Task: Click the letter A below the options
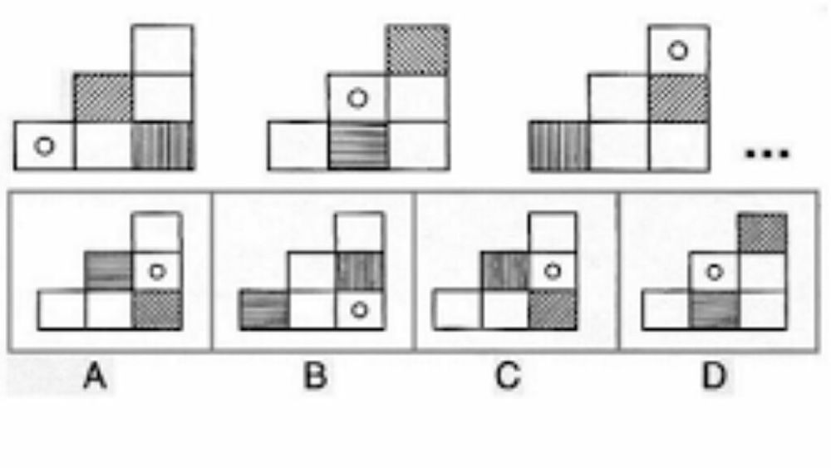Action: click(96, 377)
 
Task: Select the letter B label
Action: click(314, 377)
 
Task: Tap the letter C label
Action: click(508, 377)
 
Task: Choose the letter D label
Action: click(713, 377)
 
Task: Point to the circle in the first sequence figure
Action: click(44, 146)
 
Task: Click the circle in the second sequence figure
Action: click(356, 98)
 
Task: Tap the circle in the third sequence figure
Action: click(678, 51)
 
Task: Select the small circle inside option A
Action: click(156, 270)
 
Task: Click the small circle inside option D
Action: click(712, 270)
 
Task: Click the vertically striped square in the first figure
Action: click(163, 146)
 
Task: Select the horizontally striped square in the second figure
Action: click(358, 146)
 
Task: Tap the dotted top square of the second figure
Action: click(417, 50)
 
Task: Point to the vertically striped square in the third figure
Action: click(559, 146)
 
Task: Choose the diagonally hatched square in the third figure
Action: click(677, 98)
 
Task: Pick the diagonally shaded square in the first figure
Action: click(103, 98)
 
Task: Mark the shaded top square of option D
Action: click(761, 231)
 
